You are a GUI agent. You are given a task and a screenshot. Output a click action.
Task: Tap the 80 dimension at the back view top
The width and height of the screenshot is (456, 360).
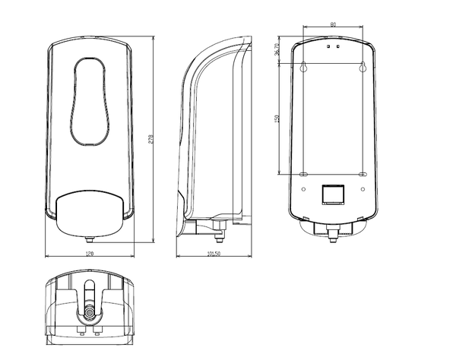(x=333, y=25)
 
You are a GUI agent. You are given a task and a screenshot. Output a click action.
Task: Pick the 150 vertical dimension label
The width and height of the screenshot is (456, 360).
(x=277, y=118)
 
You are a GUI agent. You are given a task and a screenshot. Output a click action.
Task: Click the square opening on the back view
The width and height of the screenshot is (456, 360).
(x=333, y=194)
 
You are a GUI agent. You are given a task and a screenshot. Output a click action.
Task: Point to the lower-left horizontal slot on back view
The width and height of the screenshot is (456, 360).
(x=304, y=175)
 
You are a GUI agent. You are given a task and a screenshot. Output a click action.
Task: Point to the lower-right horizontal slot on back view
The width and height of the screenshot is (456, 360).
(x=363, y=175)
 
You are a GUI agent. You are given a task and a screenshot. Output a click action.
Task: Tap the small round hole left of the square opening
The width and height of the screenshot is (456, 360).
(x=304, y=187)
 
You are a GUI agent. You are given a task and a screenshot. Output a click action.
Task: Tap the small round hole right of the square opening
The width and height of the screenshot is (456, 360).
(x=363, y=187)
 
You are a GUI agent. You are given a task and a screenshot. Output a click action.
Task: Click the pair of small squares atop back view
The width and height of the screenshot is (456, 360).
(x=333, y=46)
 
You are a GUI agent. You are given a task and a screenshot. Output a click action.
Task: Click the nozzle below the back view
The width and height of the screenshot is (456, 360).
(x=333, y=234)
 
